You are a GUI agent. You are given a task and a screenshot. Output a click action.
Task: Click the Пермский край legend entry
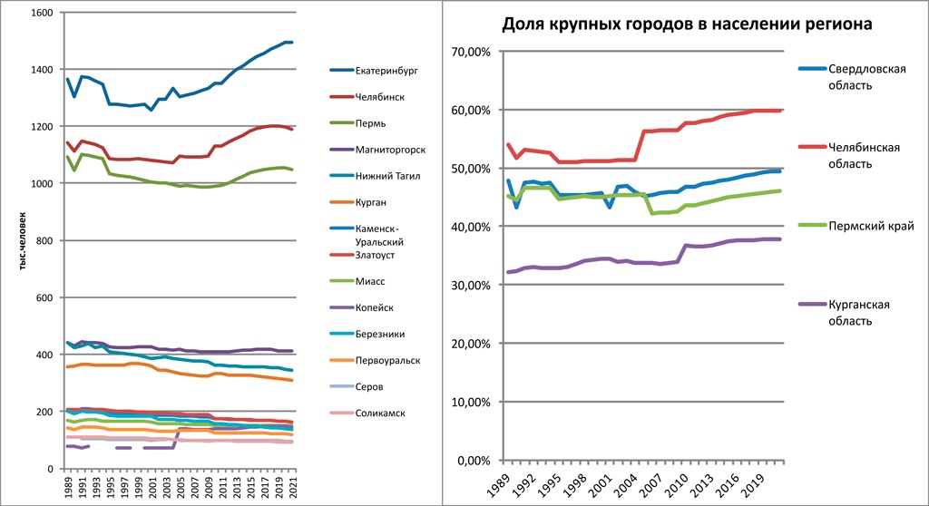pyautogui.click(x=866, y=226)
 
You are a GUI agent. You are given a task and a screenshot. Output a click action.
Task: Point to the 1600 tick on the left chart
pyautogui.click(x=40, y=13)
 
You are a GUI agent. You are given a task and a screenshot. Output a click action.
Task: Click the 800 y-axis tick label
pyautogui.click(x=43, y=240)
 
